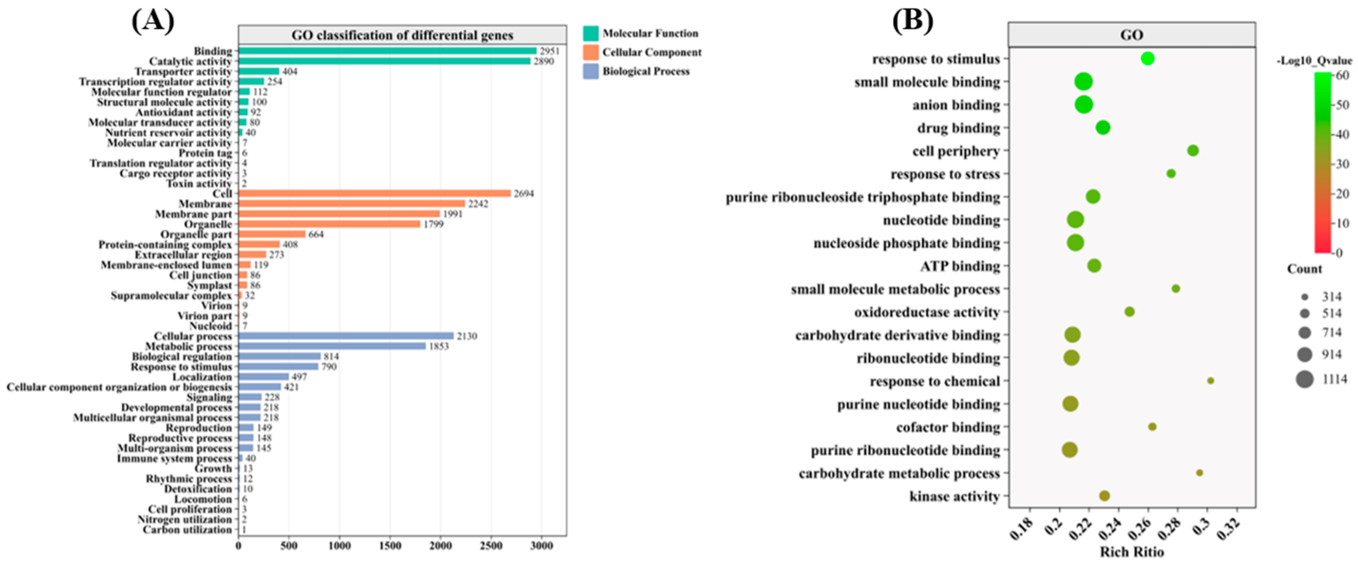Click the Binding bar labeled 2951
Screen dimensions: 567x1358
(x=387, y=51)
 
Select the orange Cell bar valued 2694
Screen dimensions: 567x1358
(x=374, y=193)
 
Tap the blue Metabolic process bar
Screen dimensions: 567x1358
(x=332, y=346)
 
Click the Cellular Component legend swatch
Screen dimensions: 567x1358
(x=591, y=52)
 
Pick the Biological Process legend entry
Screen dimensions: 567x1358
(x=645, y=72)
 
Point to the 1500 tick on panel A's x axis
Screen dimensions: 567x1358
(x=390, y=546)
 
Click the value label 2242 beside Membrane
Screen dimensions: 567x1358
(x=478, y=204)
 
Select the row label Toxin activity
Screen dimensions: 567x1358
(x=199, y=183)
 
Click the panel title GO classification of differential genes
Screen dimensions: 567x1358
(x=402, y=35)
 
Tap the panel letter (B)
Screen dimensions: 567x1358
(x=912, y=21)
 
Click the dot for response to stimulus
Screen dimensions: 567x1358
(x=1148, y=59)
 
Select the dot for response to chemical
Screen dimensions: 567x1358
(x=1210, y=380)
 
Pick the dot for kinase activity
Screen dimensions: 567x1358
(x=1104, y=495)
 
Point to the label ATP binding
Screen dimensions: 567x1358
(x=960, y=266)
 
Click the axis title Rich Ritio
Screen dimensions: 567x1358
(x=1132, y=552)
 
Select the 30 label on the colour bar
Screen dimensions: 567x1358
(x=1342, y=164)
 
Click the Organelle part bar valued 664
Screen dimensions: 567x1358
(x=271, y=234)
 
